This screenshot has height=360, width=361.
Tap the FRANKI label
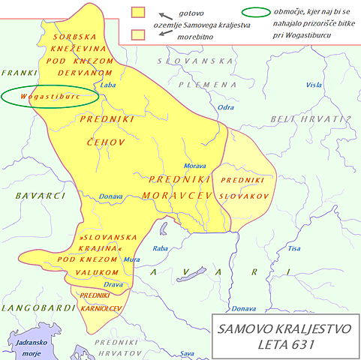click(19, 73)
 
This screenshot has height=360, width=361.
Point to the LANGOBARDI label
click(32, 307)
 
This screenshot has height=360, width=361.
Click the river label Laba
click(109, 85)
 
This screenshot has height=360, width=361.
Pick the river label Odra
click(225, 107)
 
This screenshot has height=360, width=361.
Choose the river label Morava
click(195, 166)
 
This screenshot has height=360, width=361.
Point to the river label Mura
click(132, 259)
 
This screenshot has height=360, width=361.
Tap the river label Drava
click(113, 285)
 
